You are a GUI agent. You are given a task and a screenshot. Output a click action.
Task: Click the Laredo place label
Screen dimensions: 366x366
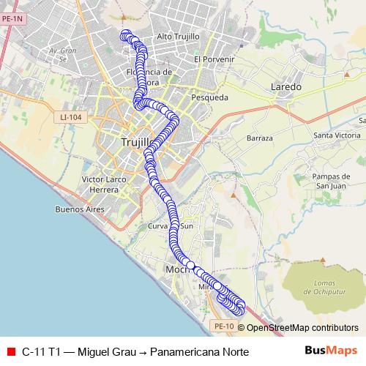[286, 86]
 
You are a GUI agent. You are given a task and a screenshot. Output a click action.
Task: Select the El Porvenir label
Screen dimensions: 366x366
[214, 59]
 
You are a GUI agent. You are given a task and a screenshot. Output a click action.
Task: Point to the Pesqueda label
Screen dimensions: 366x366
[209, 97]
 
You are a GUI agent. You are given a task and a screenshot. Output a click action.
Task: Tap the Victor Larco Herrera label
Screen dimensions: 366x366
[101, 184]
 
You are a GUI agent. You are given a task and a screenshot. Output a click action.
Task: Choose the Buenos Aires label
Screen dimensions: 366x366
[80, 209]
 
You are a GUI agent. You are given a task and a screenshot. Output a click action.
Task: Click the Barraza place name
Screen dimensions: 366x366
[259, 138]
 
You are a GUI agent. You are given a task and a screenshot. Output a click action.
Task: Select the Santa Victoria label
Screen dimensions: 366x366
[337, 135]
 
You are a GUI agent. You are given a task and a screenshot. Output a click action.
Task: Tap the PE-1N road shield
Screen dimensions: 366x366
[13, 21]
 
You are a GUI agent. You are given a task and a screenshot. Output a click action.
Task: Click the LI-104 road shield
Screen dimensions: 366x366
[72, 116]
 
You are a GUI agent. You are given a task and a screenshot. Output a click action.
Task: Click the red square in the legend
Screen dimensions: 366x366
[10, 352]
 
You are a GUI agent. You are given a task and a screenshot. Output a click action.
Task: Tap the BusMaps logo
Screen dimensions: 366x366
[330, 351]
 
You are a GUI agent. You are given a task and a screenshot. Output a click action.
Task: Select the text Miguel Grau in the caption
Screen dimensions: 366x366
[107, 352]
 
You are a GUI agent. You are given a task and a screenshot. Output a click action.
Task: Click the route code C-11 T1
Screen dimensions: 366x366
[42, 352]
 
